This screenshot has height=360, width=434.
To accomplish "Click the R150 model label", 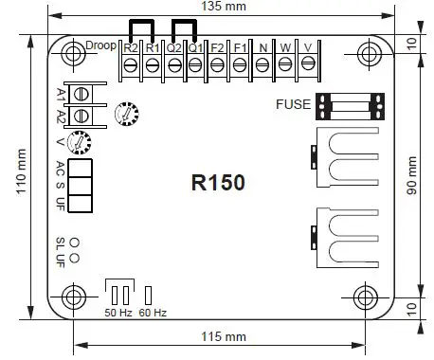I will (218, 183).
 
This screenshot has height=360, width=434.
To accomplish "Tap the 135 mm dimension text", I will (221, 7).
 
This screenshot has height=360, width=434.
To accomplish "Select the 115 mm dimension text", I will (224, 337).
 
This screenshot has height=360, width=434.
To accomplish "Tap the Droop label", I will (100, 45).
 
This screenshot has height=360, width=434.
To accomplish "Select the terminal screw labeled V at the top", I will (307, 64).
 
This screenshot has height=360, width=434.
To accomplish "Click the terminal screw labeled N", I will (262, 64).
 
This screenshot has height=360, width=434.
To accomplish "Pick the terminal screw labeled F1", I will (239, 64).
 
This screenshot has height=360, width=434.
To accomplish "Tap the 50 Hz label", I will (117, 312).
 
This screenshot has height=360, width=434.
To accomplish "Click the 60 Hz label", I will (152, 312).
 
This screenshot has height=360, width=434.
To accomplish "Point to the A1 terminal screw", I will (81, 94).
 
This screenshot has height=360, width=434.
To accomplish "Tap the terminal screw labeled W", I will (284, 64).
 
